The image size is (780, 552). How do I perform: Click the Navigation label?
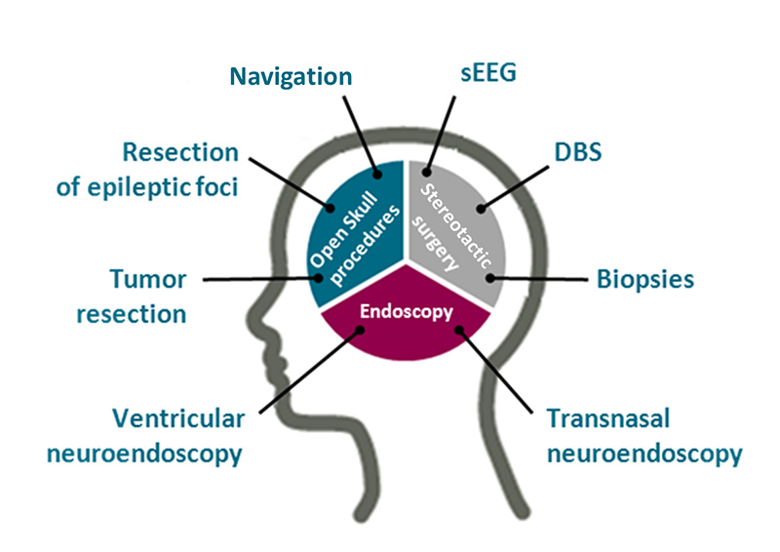pos(291,75)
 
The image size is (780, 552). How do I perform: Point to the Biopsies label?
pos(645,279)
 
